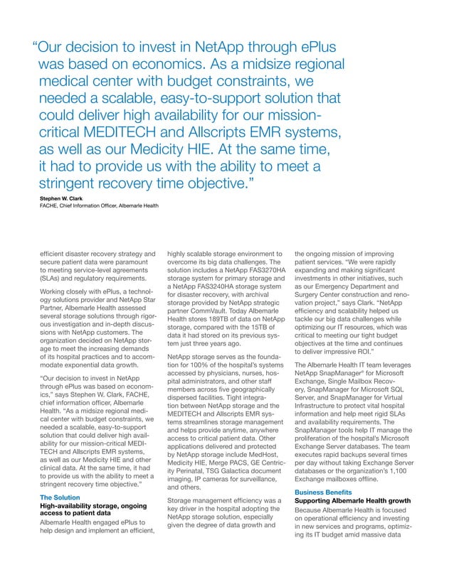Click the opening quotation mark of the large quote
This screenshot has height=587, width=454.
pyautogui.click(x=34, y=49)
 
